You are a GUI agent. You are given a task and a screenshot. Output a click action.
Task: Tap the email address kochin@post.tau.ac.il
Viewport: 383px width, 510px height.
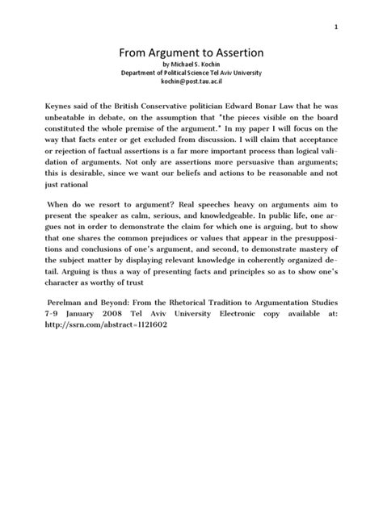point(191,82)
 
